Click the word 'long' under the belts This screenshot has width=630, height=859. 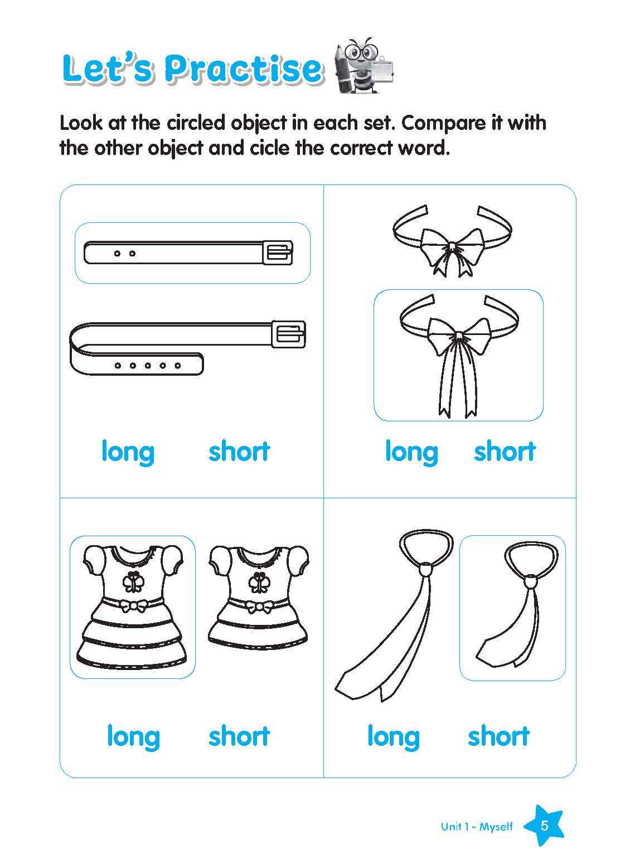pyautogui.click(x=128, y=452)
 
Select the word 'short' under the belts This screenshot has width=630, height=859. pyautogui.click(x=239, y=452)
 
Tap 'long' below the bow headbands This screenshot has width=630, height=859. pyautogui.click(x=411, y=452)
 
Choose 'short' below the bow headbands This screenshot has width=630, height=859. pyautogui.click(x=504, y=452)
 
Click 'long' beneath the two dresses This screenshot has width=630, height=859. pyautogui.click(x=133, y=736)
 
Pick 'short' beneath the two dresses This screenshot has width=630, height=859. pyautogui.click(x=239, y=736)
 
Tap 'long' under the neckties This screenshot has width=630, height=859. pyautogui.click(x=393, y=736)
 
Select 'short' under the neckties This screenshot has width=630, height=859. pyautogui.click(x=498, y=736)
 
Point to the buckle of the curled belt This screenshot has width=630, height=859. pyautogui.click(x=289, y=333)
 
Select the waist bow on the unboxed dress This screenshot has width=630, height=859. pyautogui.click(x=258, y=606)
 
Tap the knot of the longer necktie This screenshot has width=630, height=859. pyautogui.click(x=425, y=570)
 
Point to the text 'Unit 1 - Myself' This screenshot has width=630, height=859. pyautogui.click(x=477, y=827)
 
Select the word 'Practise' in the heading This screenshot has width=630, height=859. pyautogui.click(x=244, y=69)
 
